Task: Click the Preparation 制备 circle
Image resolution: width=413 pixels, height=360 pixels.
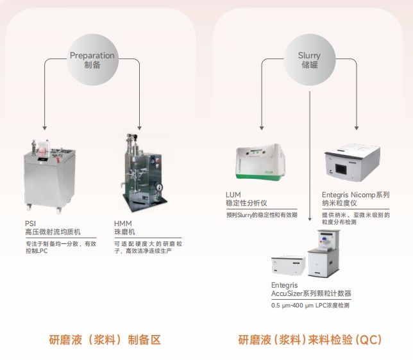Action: (92, 60)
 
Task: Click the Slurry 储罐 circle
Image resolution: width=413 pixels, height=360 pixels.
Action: (310, 60)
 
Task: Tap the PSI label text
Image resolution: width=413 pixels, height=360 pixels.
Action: (30, 224)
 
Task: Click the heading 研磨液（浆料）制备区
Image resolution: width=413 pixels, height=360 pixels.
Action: (105, 340)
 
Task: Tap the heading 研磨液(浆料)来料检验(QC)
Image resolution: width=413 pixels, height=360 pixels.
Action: (310, 340)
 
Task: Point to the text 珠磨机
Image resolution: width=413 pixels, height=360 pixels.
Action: (125, 232)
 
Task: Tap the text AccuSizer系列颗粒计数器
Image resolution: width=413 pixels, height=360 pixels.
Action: (311, 293)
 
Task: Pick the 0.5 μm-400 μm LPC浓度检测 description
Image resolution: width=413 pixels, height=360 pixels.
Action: (310, 306)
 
